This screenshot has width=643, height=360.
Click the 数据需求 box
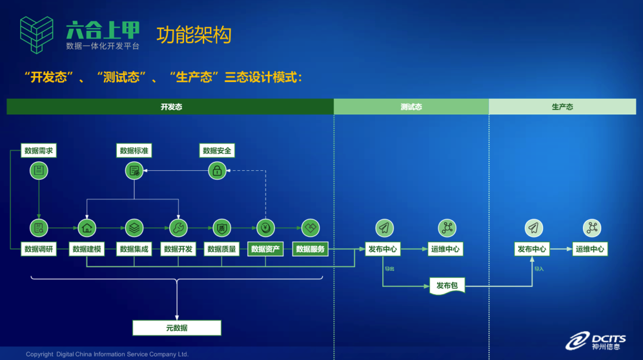[39, 151]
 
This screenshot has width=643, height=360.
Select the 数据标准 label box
[134, 151]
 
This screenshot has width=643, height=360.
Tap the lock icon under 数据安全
[217, 171]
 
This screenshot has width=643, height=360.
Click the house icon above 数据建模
[87, 227]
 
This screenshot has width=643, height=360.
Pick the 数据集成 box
[134, 249]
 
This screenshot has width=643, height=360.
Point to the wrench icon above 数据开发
[178, 227]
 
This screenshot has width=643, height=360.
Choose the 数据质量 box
[221, 249]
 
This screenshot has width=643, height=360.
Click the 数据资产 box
[266, 249]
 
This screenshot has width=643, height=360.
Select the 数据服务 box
[311, 249]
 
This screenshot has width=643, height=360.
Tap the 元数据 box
[177, 328]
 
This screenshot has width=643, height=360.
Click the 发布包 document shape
[447, 286]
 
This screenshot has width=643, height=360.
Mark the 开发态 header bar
[170, 107]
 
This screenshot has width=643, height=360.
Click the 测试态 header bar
[411, 107]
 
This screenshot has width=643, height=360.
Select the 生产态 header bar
[562, 107]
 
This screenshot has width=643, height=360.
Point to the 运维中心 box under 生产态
[590, 249]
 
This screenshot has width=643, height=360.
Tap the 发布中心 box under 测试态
[383, 249]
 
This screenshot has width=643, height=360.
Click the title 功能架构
[193, 35]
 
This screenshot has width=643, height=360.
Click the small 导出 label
[389, 269]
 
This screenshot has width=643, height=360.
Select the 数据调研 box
[39, 249]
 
